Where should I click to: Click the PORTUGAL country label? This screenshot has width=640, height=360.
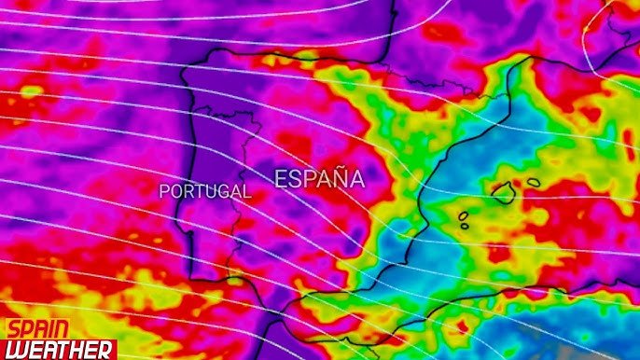point(204,191)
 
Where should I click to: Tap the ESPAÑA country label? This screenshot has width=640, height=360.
point(319,179)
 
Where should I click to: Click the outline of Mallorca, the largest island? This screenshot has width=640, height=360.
point(504,194)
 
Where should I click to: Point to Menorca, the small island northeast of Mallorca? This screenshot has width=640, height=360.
point(534,182)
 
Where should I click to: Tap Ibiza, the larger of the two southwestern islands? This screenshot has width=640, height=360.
point(464,216)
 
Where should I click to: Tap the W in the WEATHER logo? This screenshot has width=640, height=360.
point(16,349)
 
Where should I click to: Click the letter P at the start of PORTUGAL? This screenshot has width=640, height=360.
point(165,191)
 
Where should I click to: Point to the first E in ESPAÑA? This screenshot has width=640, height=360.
point(281,179)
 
